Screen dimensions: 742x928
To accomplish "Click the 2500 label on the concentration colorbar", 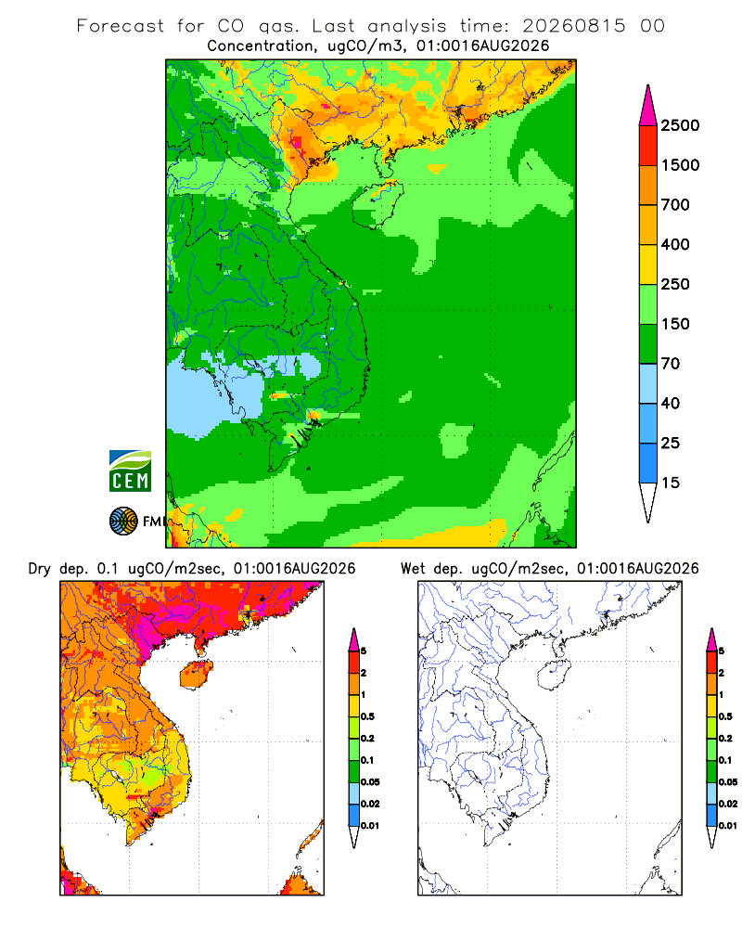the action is (x=680, y=125).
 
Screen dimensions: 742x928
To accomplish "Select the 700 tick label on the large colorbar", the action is (x=675, y=205).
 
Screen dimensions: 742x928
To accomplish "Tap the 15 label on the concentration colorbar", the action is (x=671, y=483).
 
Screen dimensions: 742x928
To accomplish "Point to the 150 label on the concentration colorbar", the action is (x=675, y=324).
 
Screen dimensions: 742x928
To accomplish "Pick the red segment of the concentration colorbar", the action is (x=648, y=146).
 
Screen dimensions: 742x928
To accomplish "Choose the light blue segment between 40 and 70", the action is (x=648, y=383).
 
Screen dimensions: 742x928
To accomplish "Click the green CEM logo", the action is (x=130, y=471).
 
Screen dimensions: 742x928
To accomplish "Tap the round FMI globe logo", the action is (x=123, y=522).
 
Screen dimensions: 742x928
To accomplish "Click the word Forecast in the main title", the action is (x=121, y=26).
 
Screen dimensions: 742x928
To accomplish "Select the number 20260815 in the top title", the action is (x=573, y=26).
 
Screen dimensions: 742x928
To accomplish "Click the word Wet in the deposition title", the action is (x=413, y=569).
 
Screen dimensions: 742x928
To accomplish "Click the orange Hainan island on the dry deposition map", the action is (x=197, y=676).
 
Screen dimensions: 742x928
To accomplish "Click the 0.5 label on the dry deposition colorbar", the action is (x=367, y=716).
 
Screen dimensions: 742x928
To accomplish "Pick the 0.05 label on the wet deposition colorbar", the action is (x=728, y=781).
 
